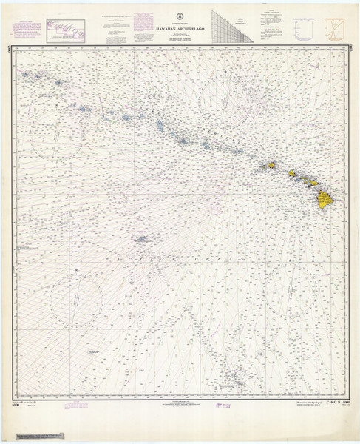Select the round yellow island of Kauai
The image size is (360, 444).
click(271, 166)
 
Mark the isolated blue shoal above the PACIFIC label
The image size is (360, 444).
click(140, 238)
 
